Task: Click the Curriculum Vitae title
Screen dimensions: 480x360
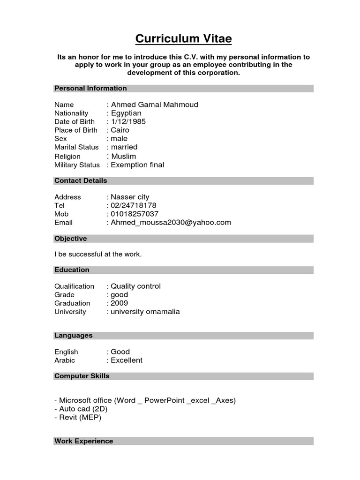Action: (183, 38)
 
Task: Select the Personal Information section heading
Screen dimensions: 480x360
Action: (90, 88)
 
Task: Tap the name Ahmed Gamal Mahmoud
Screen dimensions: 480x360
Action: (154, 105)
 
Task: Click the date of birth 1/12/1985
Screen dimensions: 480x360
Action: (128, 121)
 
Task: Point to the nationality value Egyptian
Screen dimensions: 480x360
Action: (126, 113)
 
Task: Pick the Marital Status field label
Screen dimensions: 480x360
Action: (76, 147)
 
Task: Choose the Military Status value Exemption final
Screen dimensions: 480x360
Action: (137, 165)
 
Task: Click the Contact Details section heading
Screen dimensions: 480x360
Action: (81, 180)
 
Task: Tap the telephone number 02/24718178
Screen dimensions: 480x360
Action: (133, 205)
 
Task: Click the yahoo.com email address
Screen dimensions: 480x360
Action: (171, 222)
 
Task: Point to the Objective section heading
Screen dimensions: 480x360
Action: (71, 239)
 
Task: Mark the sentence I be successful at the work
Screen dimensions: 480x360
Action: (98, 254)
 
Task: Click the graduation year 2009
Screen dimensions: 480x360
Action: (119, 303)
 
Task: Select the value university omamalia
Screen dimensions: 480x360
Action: (145, 311)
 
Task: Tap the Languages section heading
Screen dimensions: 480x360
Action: (74, 335)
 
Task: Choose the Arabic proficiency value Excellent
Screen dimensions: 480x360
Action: (126, 360)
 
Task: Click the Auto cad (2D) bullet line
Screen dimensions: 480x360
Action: (81, 409)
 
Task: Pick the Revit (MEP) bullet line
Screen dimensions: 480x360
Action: (78, 417)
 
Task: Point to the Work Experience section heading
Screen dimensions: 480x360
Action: (84, 441)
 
